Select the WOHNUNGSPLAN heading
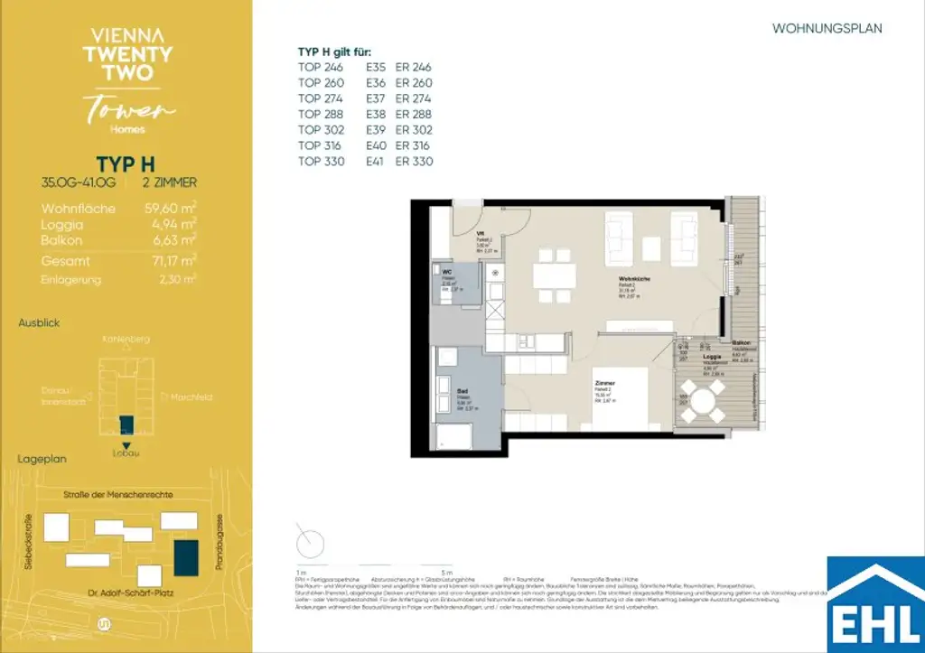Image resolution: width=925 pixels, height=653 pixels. [827, 29]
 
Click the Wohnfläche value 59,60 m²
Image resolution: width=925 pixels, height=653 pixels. [171, 209]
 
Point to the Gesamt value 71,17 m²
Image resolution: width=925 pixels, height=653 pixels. [171, 260]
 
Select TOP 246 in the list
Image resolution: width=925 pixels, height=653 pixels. [322, 67]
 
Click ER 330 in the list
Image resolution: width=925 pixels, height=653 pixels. [414, 162]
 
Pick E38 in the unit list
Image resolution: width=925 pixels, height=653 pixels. [376, 115]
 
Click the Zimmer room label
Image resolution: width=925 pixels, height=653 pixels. [604, 384]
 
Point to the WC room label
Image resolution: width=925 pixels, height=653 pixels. [446, 271]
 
